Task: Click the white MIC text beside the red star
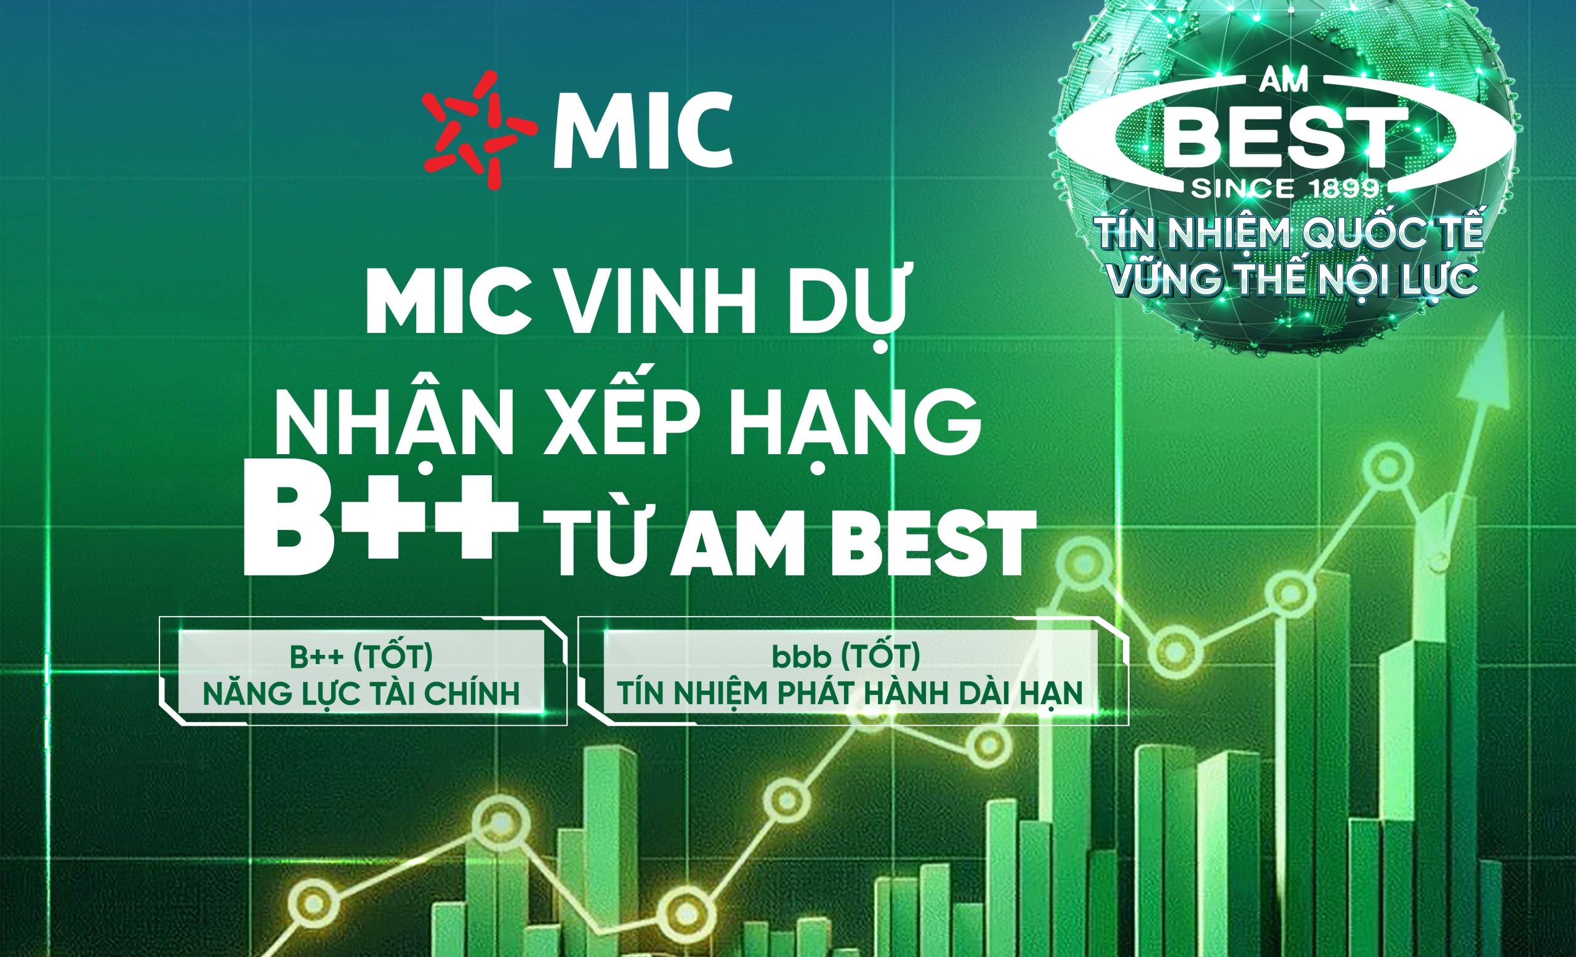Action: coord(642,133)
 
